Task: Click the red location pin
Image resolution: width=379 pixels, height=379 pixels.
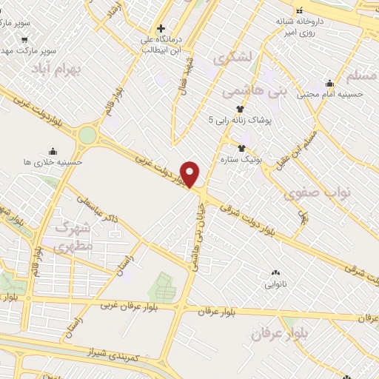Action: (190, 173)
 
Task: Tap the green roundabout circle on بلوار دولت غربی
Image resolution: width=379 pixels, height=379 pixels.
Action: (87, 135)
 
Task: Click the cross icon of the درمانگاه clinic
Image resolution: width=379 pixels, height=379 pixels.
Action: (161, 29)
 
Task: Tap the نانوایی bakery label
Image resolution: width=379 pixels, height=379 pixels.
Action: (276, 284)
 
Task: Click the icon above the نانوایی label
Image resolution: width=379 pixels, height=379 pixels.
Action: (276, 273)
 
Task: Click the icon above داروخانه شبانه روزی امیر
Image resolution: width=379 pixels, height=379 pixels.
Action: (300, 10)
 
